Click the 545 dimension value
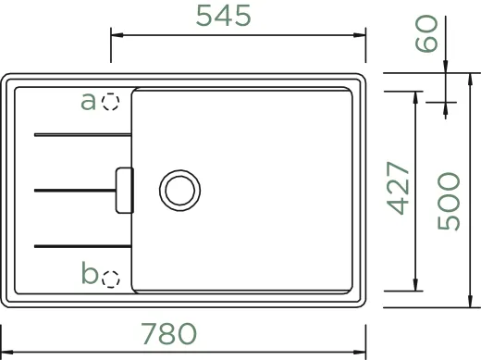point(223,16)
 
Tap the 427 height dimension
point(399,188)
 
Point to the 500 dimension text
point(449,201)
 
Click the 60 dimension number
point(425,36)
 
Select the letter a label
point(89,101)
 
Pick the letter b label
point(89,273)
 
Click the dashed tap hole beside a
point(111,102)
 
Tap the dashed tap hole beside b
point(111,277)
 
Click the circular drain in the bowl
point(179,189)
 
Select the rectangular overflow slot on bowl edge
point(123,189)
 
